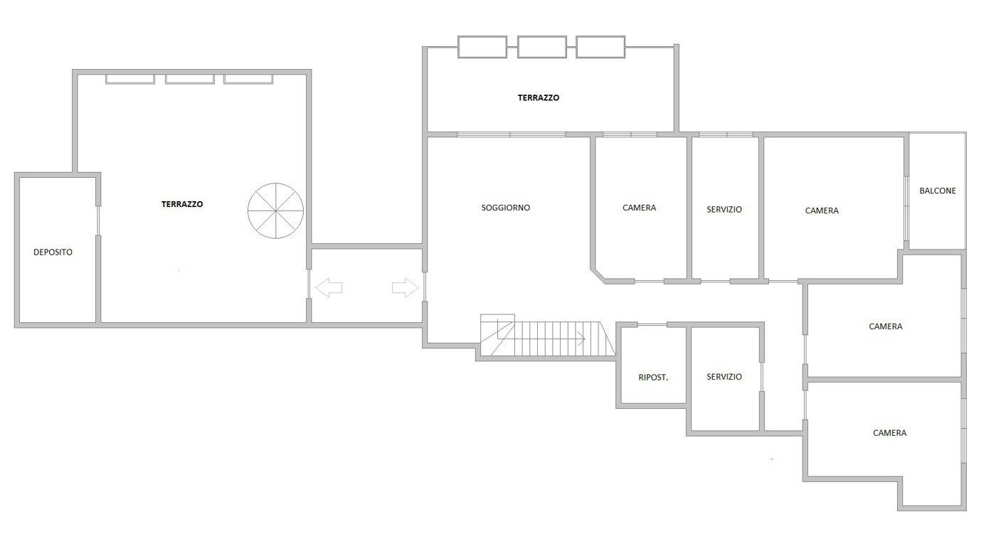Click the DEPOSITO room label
(53, 252)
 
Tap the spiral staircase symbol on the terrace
(276, 210)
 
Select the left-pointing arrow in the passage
(329, 287)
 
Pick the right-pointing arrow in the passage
(405, 287)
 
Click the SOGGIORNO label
(506, 208)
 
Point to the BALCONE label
(938, 191)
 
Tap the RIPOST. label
(653, 378)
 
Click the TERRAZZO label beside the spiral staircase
(182, 204)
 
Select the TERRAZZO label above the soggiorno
(539, 97)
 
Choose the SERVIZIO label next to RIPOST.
(724, 377)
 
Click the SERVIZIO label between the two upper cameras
(724, 209)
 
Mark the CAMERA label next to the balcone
(822, 210)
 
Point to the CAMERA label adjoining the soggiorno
(639, 208)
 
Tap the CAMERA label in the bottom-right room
(889, 433)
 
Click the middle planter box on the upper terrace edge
(542, 47)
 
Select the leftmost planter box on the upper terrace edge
(482, 47)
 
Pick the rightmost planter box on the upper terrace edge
(600, 47)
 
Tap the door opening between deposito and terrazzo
(98, 220)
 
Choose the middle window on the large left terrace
(190, 79)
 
